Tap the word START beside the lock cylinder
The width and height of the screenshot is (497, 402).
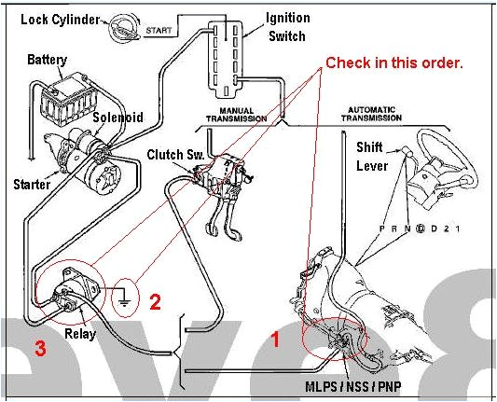(159, 31)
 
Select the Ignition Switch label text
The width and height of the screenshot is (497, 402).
(288, 26)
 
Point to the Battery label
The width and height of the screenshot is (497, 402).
(47, 61)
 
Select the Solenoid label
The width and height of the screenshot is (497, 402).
(117, 118)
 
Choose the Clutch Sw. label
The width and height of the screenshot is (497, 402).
(170, 153)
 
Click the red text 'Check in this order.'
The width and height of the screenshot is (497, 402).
(393, 62)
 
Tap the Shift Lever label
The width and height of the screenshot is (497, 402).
(374, 157)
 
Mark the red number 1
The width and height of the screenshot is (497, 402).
(275, 340)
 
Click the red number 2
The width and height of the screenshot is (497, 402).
(156, 301)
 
